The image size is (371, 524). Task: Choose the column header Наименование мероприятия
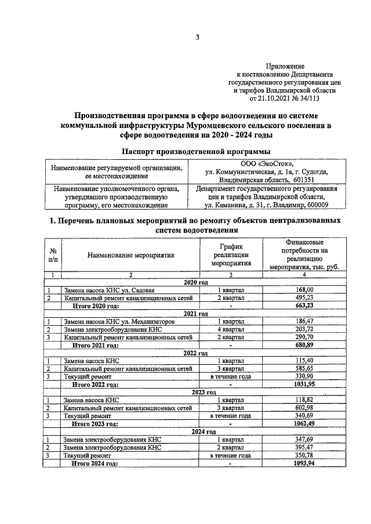coord(131,254)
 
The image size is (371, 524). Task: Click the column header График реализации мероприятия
coord(230,254)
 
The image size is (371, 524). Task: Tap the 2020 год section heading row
coord(195,282)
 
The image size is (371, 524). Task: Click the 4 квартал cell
coord(231,329)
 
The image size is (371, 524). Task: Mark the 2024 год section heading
coord(195,432)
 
